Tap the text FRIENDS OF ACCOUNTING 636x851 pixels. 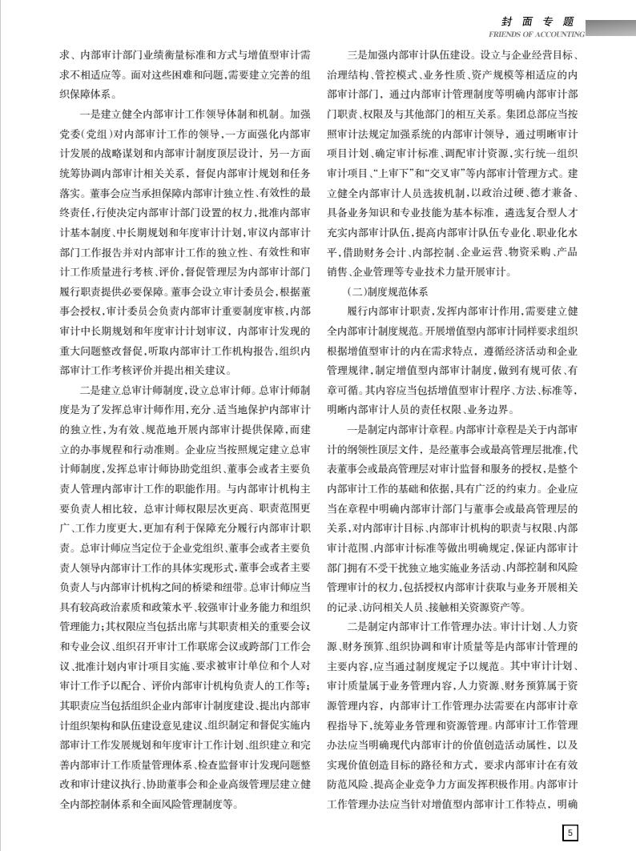[536, 34]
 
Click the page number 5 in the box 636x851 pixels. [570, 833]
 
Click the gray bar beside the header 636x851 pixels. [611, 26]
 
